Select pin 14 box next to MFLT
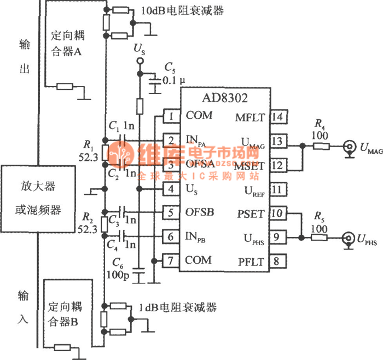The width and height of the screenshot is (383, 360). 277,116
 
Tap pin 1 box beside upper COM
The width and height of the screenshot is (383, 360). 171,116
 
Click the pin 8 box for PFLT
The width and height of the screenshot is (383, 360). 277,261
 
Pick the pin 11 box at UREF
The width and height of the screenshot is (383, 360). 277,189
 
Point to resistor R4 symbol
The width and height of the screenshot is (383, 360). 321,146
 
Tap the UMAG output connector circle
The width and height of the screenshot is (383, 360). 347,146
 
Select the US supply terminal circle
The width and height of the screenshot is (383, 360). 140,63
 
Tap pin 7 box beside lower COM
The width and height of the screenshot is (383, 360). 171,261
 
